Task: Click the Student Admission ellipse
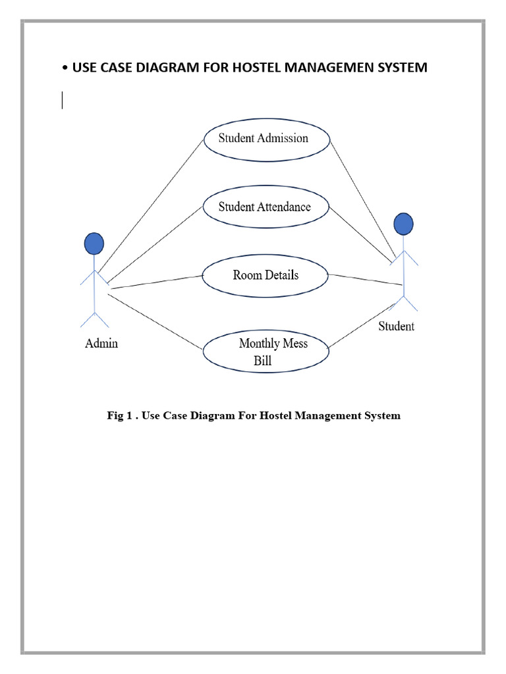click(266, 139)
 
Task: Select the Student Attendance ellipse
click(265, 207)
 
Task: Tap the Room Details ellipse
click(265, 275)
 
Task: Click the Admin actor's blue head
click(94, 244)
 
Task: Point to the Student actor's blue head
click(403, 224)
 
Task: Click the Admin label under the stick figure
click(101, 343)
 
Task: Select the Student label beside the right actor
click(396, 326)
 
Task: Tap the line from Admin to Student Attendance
click(155, 240)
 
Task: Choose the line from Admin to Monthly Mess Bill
click(155, 321)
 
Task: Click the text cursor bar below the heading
click(63, 100)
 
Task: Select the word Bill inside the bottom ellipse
click(262, 361)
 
